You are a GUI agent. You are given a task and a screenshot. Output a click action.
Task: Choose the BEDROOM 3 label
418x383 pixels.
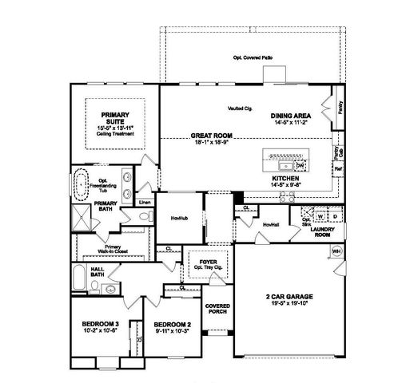click(x=101, y=324)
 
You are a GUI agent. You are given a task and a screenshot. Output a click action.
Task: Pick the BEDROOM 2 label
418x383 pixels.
click(x=171, y=324)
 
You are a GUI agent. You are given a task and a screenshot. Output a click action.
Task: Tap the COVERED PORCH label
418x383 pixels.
click(x=217, y=310)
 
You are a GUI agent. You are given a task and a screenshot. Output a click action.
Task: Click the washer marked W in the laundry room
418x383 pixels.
click(x=320, y=216)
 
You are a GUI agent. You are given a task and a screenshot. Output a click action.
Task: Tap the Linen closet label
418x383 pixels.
click(x=144, y=203)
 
